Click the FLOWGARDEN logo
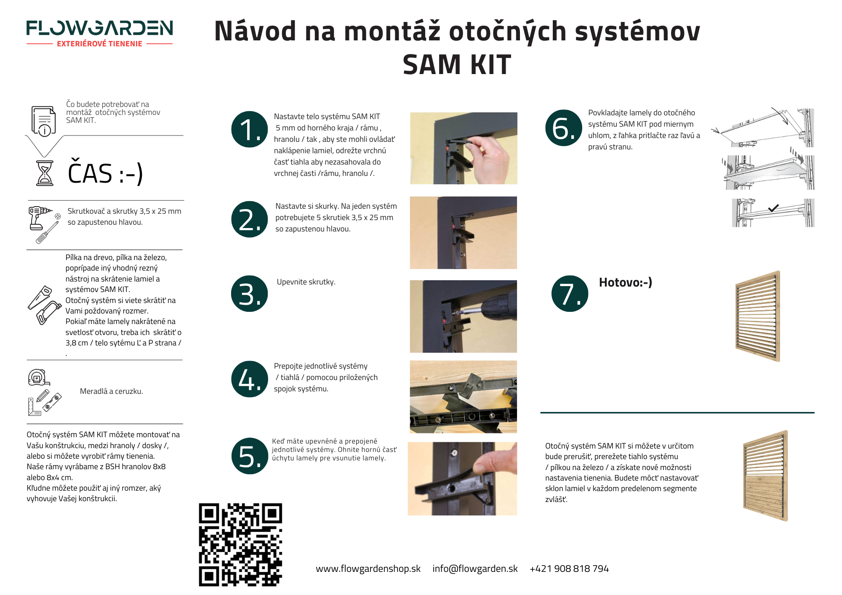click(x=99, y=29)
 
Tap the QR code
click(x=240, y=545)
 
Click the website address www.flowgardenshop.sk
click(x=368, y=569)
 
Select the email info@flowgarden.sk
click(x=475, y=569)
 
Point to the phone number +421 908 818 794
click(x=569, y=569)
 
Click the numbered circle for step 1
click(x=250, y=130)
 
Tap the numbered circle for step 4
click(x=250, y=379)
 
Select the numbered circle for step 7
click(x=570, y=294)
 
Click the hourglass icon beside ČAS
click(x=45, y=173)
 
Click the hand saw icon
click(x=40, y=297)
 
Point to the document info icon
click(x=43, y=121)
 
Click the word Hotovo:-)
click(x=625, y=282)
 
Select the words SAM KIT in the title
click(x=457, y=65)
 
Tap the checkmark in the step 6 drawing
click(x=773, y=208)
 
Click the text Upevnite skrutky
click(x=306, y=282)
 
